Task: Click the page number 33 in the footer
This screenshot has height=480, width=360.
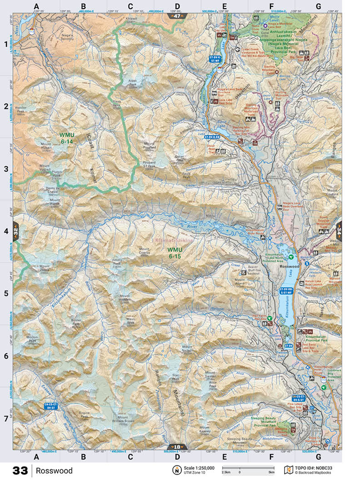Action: click(20, 470)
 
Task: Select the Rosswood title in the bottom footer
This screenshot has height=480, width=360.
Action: click(55, 470)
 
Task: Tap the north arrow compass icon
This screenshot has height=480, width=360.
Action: click(175, 470)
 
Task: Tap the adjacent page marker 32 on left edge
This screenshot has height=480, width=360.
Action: click(15, 230)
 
